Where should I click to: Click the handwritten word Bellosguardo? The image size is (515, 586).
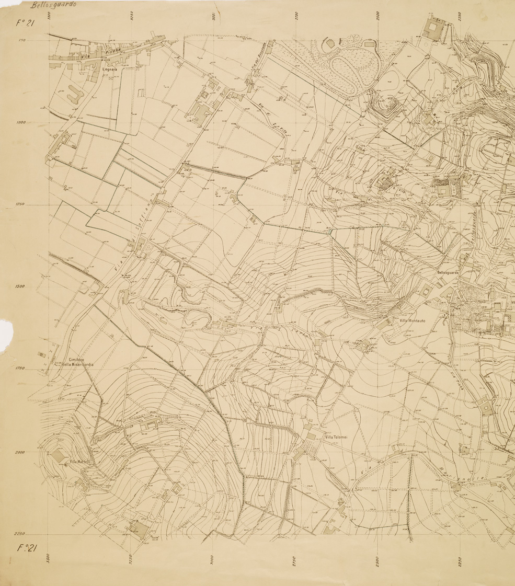pyautogui.click(x=53, y=5)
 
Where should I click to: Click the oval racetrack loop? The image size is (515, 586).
pyautogui.click(x=349, y=71)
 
